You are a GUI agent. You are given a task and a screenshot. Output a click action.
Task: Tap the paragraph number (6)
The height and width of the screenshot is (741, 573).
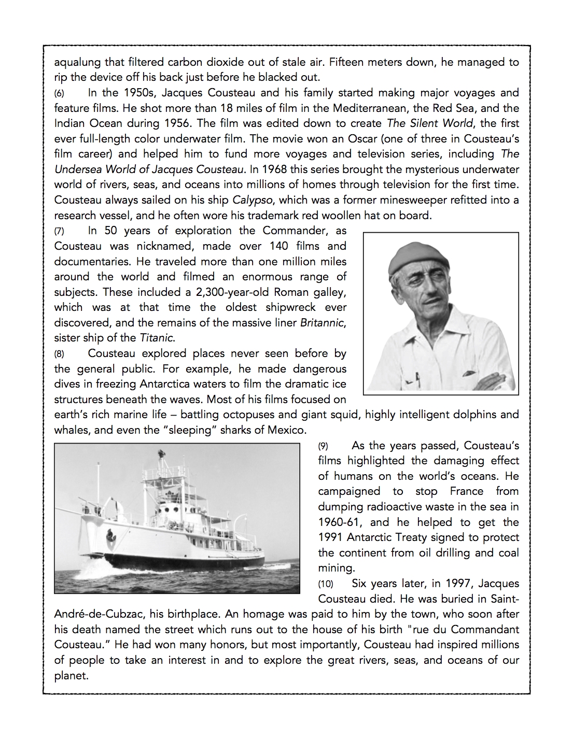pos(60,94)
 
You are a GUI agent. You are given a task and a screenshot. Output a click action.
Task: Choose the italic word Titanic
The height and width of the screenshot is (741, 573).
pos(157,338)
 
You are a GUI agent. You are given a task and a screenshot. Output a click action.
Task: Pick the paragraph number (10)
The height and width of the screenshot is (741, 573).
pos(326,584)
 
